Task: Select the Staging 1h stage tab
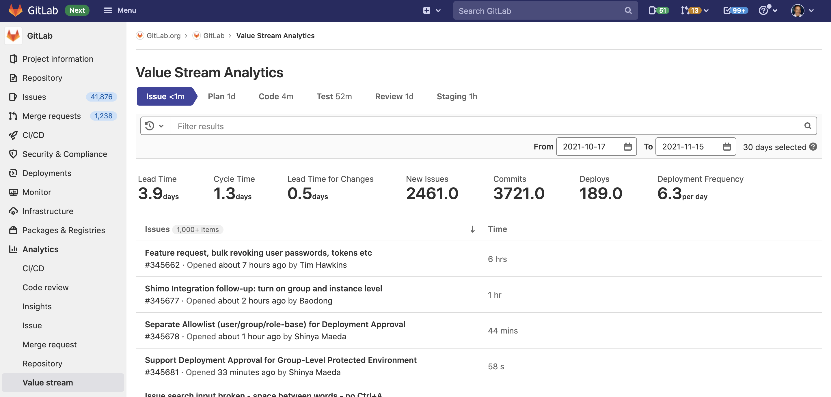tap(457, 96)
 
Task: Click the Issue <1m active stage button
tap(165, 96)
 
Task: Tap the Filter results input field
tap(484, 126)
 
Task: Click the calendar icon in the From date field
tap(627, 147)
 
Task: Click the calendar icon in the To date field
tap(726, 147)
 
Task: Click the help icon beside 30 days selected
tap(813, 147)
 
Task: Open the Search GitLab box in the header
tap(542, 11)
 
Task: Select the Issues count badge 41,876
tap(101, 97)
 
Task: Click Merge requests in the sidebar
tap(52, 116)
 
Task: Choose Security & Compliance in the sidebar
tap(64, 154)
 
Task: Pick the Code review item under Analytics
tap(46, 287)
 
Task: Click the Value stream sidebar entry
tap(48, 382)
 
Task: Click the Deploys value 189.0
tap(600, 193)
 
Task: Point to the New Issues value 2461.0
tap(432, 193)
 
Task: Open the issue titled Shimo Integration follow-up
tap(263, 289)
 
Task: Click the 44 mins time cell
tap(503, 330)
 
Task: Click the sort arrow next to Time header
tap(472, 229)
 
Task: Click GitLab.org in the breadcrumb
tap(163, 35)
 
